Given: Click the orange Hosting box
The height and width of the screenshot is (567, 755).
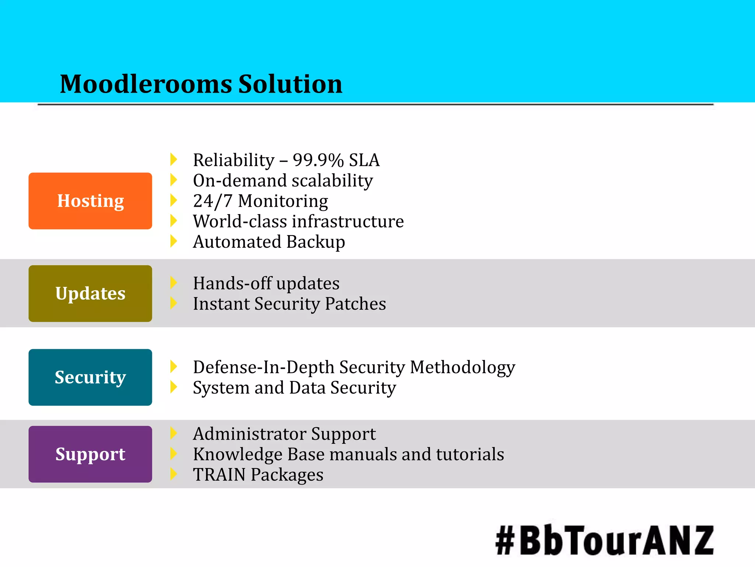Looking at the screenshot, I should click(x=90, y=201).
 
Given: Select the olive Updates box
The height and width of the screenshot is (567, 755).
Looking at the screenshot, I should click(x=90, y=293).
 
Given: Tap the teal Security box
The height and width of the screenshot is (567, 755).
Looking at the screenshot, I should click(x=90, y=377).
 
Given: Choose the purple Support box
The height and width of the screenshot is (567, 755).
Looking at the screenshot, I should click(x=90, y=454).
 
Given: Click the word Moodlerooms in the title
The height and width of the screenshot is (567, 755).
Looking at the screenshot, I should click(x=146, y=84).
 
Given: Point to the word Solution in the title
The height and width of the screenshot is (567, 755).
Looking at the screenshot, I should click(x=290, y=84).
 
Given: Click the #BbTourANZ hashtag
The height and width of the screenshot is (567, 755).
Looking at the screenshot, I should click(x=605, y=540).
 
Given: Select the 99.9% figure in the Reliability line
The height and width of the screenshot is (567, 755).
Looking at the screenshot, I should click(x=318, y=160).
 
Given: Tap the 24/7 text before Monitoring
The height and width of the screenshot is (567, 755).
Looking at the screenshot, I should click(x=213, y=201).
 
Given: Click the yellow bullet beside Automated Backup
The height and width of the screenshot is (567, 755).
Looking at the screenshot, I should click(x=174, y=241).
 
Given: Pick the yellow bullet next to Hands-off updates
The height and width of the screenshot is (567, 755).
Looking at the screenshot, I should click(x=174, y=283).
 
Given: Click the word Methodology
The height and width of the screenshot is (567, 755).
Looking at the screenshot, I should click(x=463, y=368).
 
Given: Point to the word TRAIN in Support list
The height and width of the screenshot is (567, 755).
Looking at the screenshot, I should click(x=219, y=475).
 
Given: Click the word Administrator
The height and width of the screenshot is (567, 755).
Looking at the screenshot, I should click(x=250, y=434).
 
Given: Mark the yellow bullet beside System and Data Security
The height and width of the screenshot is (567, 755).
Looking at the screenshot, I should click(x=174, y=387).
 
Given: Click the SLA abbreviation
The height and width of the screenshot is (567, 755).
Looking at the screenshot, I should click(x=364, y=160).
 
